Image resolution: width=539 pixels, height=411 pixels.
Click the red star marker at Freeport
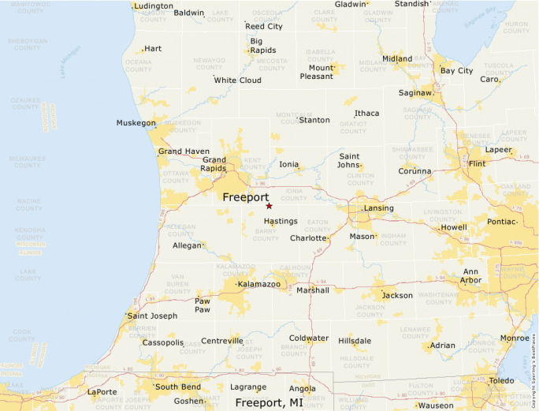tap(269, 205)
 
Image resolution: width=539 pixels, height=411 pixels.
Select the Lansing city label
tap(378, 208)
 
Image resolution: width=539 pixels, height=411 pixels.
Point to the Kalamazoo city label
tap(259, 284)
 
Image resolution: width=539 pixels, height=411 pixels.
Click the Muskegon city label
tap(136, 123)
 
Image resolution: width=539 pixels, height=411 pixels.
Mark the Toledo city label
tap(502, 380)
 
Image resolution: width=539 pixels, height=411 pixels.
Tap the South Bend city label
tap(177, 387)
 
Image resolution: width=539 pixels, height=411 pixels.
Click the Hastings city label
tap(281, 222)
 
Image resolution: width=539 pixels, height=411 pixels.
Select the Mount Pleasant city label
tap(315, 72)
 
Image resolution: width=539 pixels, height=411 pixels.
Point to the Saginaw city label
tap(417, 93)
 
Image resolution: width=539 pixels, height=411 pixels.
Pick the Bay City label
tap(456, 71)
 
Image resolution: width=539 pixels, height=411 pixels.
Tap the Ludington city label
tap(154, 6)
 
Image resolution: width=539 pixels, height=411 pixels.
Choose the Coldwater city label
tap(308, 338)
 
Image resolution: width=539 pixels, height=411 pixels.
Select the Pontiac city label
tap(501, 222)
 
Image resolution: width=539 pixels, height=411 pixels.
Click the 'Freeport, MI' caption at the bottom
tap(269, 402)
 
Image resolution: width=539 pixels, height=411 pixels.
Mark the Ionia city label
tap(289, 165)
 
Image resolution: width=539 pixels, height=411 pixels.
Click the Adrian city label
tap(443, 346)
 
